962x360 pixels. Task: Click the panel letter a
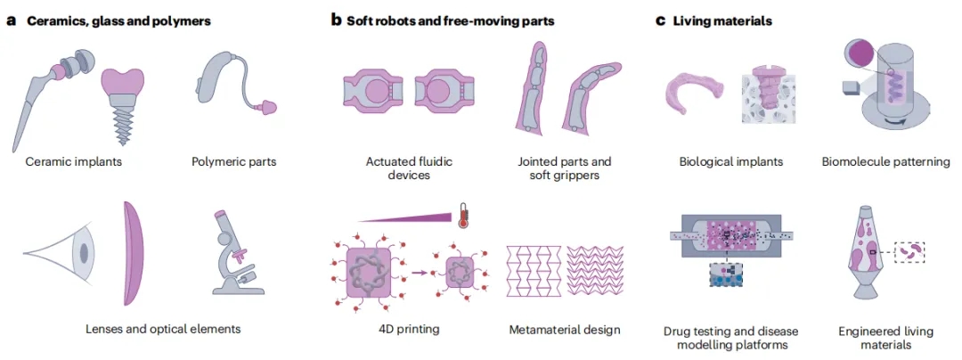coord(11,20)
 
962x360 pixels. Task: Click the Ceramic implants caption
coord(74,162)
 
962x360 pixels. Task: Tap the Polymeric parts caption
coord(233,162)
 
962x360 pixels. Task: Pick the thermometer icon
coord(463,215)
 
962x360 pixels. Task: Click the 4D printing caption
coord(403,330)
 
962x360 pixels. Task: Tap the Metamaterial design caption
coord(565,330)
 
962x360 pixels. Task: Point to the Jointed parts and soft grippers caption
coord(565,168)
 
